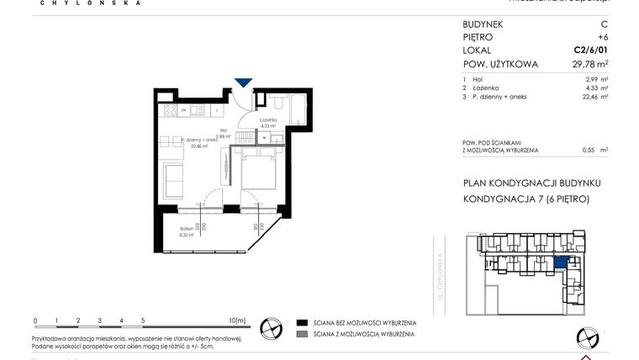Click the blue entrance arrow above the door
coord(243,82)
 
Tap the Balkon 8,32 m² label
coord(187,232)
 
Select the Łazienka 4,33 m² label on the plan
coord(268,123)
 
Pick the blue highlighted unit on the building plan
coord(561,262)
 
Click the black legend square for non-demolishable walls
coord(301,322)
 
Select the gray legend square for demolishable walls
coord(301,334)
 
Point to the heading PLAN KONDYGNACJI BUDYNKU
coord(531,183)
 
